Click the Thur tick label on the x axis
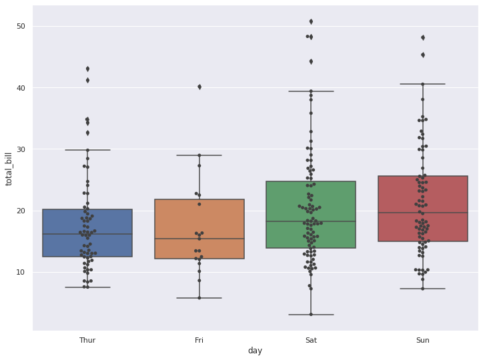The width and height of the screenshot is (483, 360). pos(87,340)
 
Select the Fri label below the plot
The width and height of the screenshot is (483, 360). pos(199,340)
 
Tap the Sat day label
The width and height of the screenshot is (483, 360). pos(311,340)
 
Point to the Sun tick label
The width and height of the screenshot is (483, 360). pos(422,340)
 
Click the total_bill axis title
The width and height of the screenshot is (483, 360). pos(9,167)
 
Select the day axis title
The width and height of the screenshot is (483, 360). pos(255,351)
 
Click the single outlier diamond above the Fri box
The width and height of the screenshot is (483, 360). pos(199,87)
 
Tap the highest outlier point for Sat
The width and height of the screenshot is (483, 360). pos(311,22)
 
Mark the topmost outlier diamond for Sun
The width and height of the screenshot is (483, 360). pos(422,37)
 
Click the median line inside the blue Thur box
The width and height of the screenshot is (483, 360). pos(87,234)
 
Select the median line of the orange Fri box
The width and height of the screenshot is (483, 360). pos(199,239)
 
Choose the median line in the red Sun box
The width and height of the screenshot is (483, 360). pos(422,213)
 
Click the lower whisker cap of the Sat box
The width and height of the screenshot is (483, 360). pos(311,315)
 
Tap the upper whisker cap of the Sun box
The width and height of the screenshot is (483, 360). pos(422,84)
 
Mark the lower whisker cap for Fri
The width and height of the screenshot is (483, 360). pos(199,298)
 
